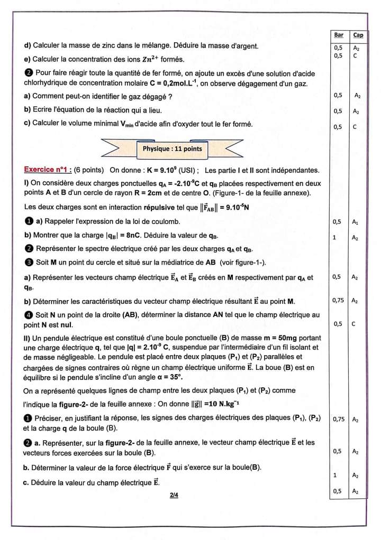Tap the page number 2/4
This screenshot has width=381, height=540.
point(174,495)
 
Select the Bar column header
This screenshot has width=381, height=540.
point(339,35)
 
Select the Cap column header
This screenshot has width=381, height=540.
point(358,35)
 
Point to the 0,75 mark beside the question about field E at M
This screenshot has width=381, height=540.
point(338,300)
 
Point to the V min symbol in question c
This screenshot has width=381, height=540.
point(132,124)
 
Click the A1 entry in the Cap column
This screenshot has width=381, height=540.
point(357,222)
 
